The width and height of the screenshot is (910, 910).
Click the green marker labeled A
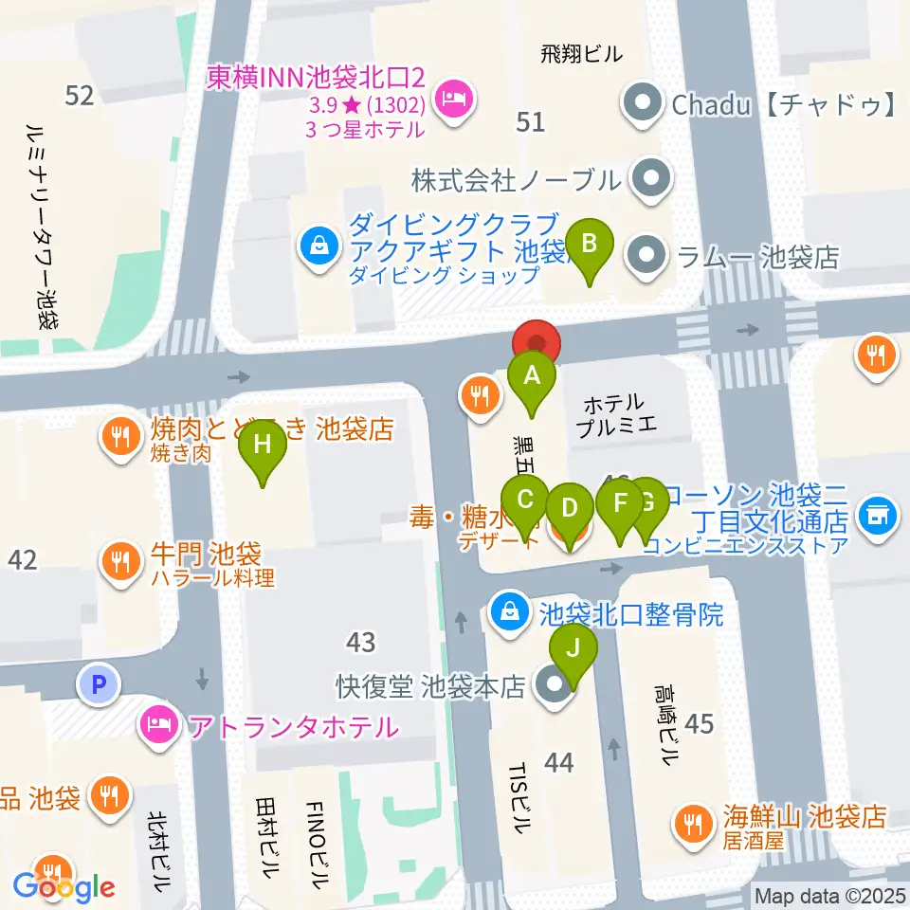[533, 377]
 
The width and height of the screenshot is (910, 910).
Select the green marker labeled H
[263, 446]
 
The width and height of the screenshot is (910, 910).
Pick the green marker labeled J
[573, 650]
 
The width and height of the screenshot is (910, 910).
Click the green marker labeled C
[526, 500]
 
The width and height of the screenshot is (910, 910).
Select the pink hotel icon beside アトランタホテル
[158, 727]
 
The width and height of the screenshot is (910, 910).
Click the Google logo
[64, 887]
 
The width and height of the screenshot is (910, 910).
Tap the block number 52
[80, 95]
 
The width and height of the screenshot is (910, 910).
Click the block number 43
[361, 643]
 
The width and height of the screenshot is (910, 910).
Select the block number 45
[699, 724]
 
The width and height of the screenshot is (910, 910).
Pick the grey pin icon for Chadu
[644, 104]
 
